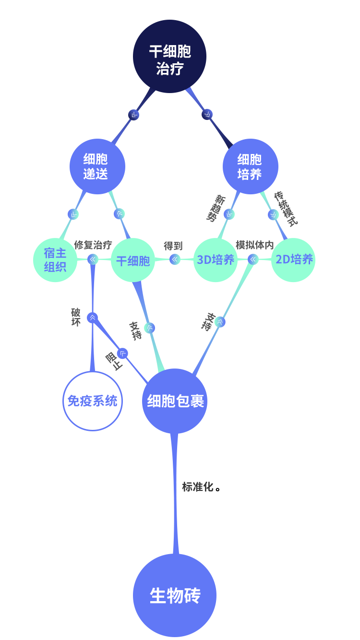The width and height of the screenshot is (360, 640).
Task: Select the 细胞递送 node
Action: click(x=97, y=166)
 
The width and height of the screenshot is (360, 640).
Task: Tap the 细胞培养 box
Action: click(x=250, y=166)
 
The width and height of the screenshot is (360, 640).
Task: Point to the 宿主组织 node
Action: click(x=55, y=260)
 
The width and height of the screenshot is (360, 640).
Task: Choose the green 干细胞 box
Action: click(x=133, y=261)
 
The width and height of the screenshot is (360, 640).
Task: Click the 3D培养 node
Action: click(x=216, y=260)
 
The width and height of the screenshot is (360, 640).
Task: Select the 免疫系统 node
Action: click(x=92, y=401)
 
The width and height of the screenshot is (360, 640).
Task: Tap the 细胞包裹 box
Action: click(x=175, y=401)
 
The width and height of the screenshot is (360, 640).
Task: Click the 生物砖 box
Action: click(x=174, y=595)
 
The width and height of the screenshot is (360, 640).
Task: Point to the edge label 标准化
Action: click(x=198, y=487)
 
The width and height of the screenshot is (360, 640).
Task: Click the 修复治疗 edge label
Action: click(x=93, y=245)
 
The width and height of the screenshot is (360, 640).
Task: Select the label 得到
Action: click(x=173, y=246)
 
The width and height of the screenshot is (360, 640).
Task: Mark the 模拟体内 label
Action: click(x=255, y=245)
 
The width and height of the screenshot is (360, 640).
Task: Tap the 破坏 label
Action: click(x=76, y=317)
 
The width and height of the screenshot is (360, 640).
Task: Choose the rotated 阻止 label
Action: click(x=115, y=361)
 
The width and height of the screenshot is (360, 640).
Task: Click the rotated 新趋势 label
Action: click(x=215, y=208)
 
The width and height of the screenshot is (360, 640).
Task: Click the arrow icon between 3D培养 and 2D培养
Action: click(x=253, y=260)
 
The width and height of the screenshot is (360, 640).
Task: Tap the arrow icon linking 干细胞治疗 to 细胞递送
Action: click(x=134, y=115)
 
